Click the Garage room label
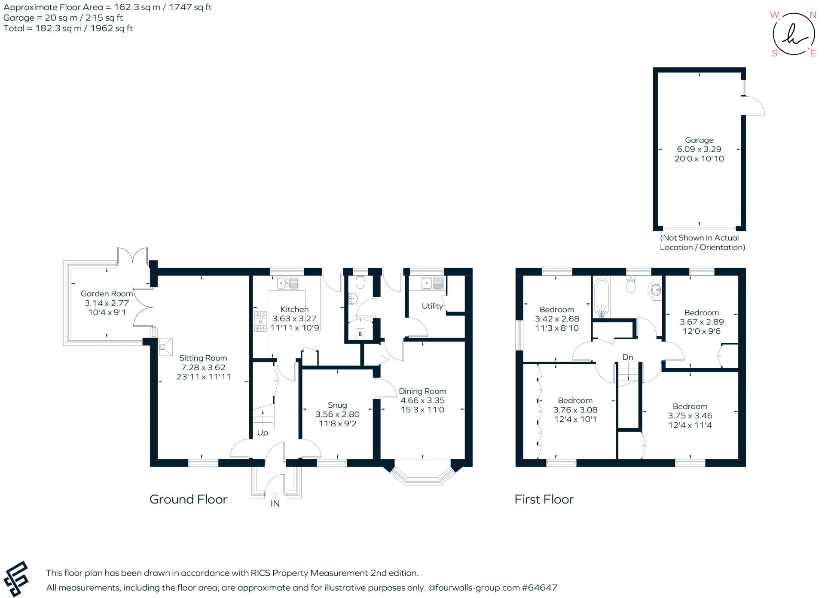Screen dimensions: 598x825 (x=699, y=140)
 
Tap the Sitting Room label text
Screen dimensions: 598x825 (x=203, y=358)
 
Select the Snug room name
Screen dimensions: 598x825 (x=337, y=405)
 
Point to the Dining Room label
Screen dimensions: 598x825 (x=422, y=391)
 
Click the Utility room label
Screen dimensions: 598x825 (x=432, y=306)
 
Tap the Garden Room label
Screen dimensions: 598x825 (x=107, y=294)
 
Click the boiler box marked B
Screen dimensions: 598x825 (x=360, y=334)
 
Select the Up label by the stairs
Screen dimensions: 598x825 (x=262, y=433)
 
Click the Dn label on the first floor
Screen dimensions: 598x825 (x=627, y=357)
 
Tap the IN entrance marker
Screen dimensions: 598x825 (x=275, y=503)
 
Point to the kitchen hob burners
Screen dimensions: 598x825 (x=260, y=321)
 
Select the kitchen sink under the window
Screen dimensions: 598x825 (x=287, y=283)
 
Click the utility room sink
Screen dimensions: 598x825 (x=432, y=284)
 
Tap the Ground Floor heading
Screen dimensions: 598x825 (x=188, y=499)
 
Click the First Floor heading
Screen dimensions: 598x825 (x=544, y=499)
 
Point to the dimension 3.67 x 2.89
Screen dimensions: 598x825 (x=702, y=322)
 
